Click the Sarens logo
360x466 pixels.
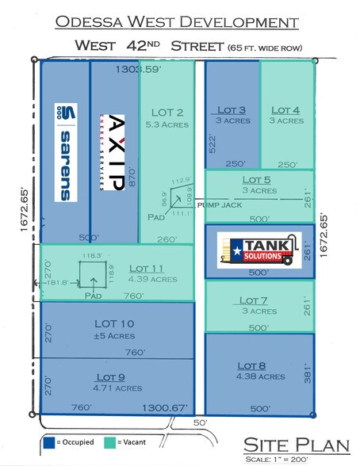click(66, 151)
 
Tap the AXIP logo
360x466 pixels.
click(116, 153)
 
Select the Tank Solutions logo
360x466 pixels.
click(260, 249)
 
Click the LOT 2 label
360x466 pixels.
click(165, 112)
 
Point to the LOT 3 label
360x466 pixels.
click(231, 110)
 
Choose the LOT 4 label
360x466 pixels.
click(285, 110)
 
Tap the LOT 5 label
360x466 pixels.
click(259, 180)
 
